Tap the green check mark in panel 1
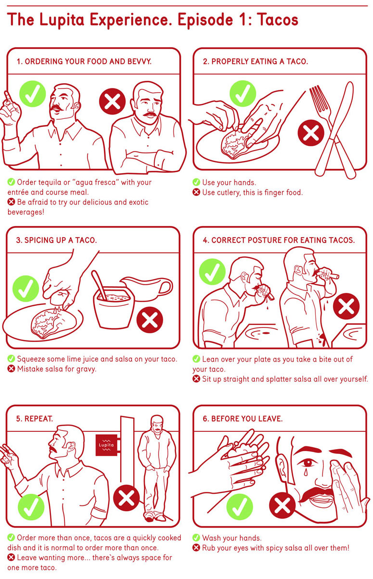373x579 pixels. point(33,94)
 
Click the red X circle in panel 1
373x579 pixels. point(112,101)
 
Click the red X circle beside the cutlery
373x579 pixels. point(311,133)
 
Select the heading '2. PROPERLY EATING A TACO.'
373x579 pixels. point(255,62)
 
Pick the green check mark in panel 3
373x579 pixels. point(25,289)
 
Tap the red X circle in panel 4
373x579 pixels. point(346,306)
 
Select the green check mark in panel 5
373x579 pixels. point(31,507)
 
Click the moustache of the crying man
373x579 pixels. point(316,493)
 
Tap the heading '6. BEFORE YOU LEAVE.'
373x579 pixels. point(243,419)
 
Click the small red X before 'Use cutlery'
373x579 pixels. point(196,192)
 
